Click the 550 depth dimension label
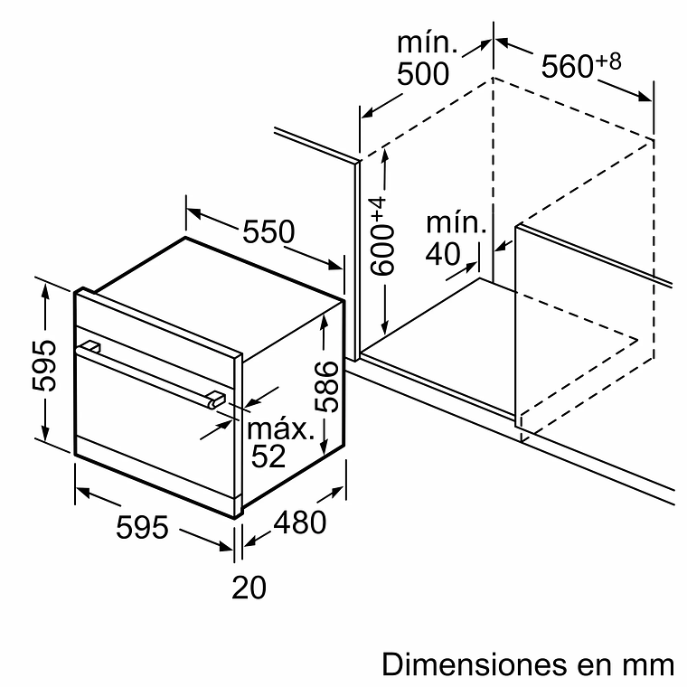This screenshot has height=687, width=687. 268,232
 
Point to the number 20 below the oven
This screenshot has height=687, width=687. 249,588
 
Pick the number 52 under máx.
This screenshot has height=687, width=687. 268,456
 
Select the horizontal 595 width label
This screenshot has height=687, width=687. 143,526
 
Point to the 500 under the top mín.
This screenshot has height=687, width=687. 423,73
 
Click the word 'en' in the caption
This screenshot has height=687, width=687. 597,664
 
